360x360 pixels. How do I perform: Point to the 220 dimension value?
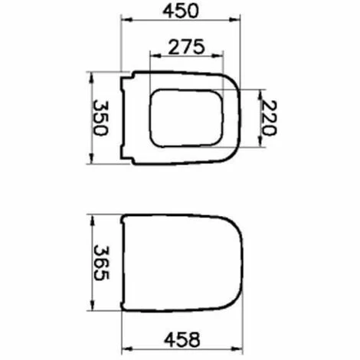(266, 118)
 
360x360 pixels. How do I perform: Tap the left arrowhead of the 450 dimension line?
(125, 22)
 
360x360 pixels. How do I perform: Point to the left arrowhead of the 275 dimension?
(153, 56)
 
